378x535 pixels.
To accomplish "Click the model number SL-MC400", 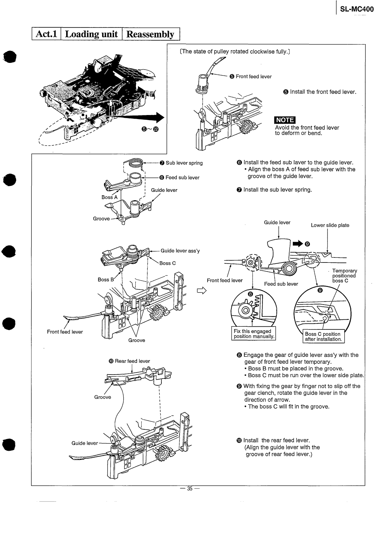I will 357,9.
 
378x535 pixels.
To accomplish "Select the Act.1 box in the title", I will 46,34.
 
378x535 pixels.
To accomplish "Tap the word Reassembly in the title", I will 150,34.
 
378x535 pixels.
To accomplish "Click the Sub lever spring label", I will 184,163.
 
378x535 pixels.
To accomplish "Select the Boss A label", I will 109,197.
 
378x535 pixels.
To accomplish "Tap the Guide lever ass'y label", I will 180,251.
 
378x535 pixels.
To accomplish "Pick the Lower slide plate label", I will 330,225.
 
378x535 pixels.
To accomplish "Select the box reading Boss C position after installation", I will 323,336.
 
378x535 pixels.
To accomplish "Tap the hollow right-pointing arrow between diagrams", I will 202,291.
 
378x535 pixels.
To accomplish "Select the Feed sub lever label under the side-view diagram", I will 281,284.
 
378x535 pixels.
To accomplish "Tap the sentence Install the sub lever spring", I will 277,190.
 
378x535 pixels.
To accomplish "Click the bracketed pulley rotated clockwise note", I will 235,52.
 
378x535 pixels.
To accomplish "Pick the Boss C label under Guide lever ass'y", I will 167,263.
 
